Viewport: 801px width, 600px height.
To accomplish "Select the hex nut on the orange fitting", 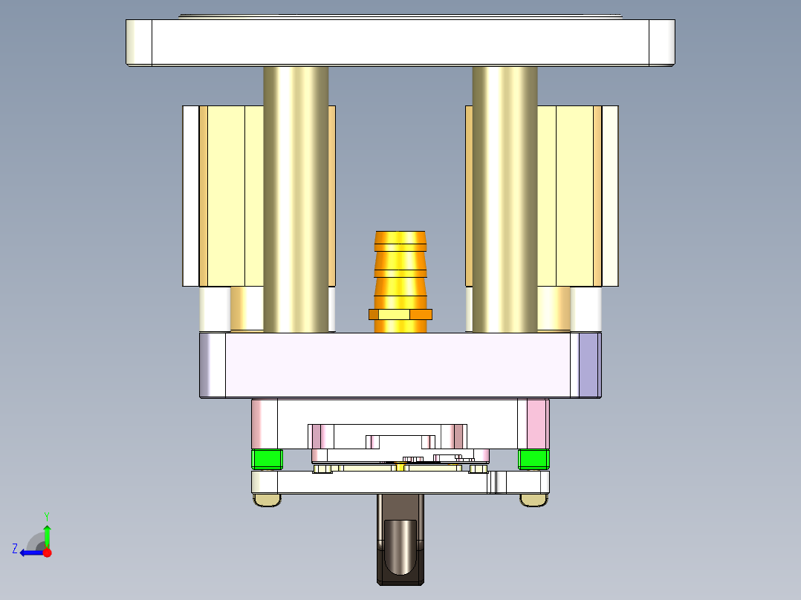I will pos(400,314).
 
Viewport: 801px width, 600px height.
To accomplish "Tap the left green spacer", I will pos(267,460).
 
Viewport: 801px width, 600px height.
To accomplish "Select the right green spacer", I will pos(534,460).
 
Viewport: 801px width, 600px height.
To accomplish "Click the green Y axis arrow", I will pos(47,535).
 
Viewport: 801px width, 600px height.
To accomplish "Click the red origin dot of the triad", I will pos(47,552).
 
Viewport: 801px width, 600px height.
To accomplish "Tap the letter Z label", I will pos(15,549).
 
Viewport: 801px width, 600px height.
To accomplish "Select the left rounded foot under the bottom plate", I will pos(267,500).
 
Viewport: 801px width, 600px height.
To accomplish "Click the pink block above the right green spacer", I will pos(537,423).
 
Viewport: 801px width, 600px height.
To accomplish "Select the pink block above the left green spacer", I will pos(264,423).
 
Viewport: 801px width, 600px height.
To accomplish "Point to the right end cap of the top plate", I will pos(661,42).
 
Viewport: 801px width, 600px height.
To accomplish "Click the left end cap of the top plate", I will pos(139,42).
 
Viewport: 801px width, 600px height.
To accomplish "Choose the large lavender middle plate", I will pos(400,365).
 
